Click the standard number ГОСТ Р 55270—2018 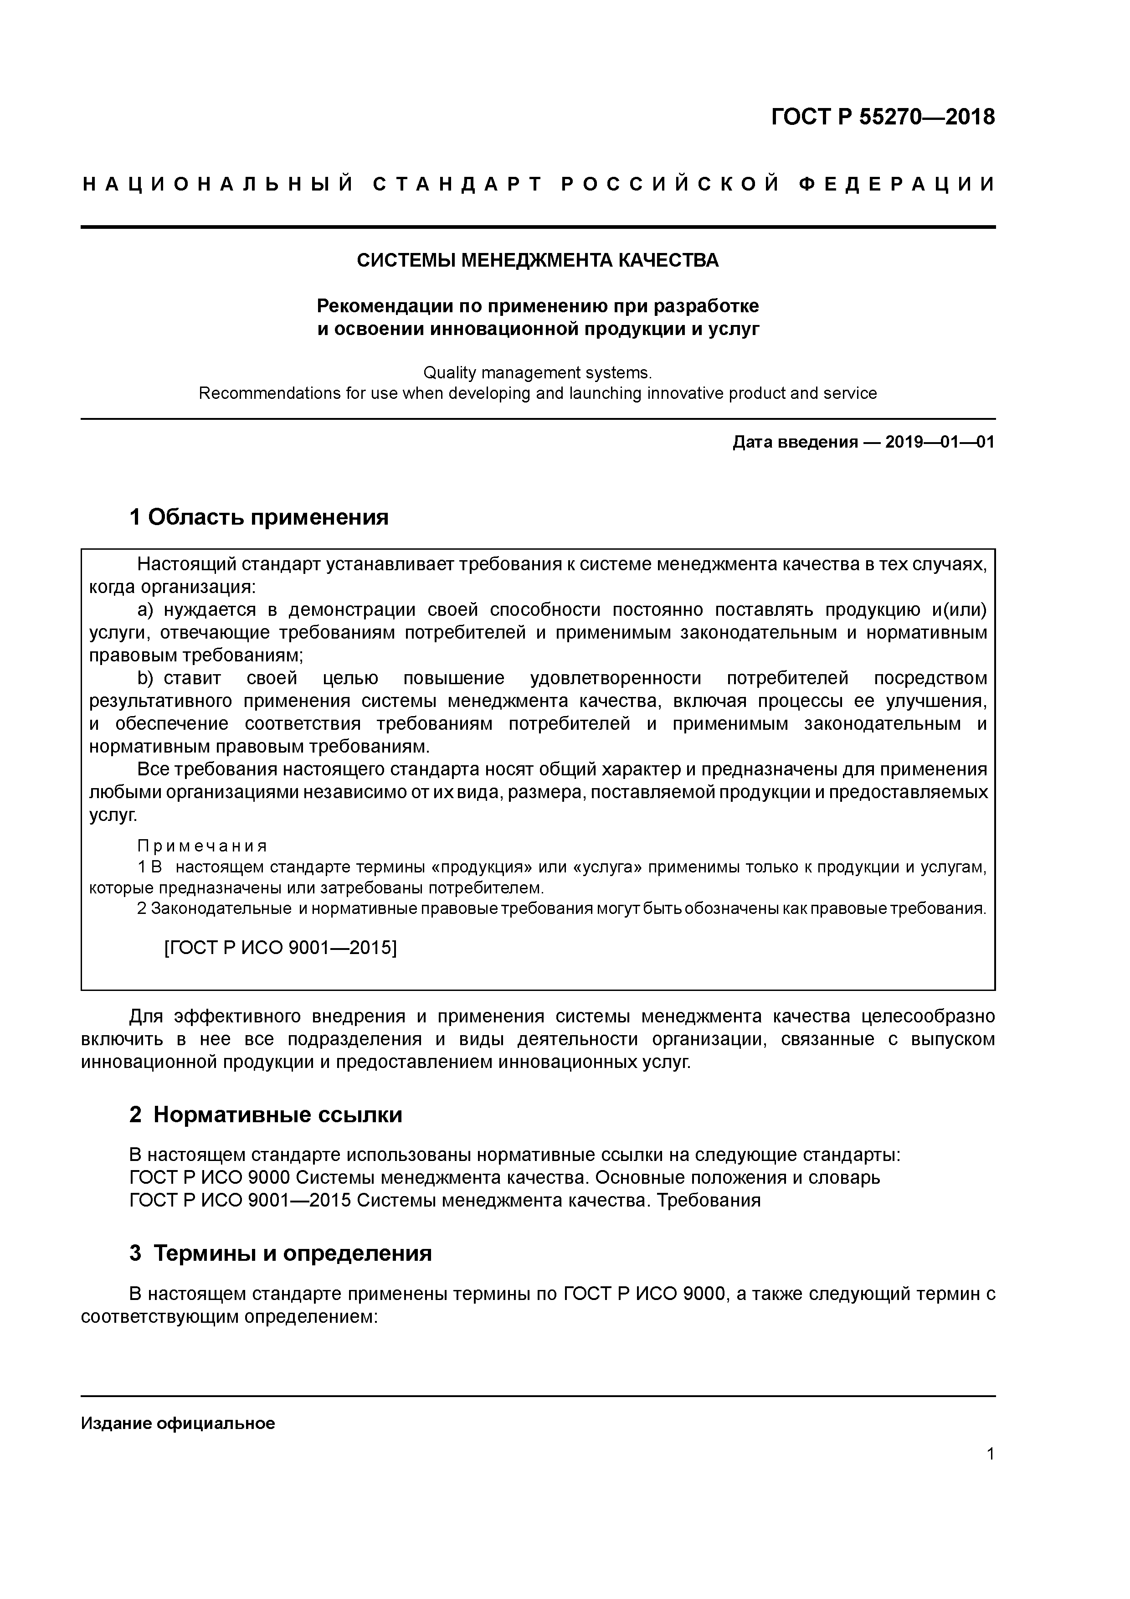tap(883, 117)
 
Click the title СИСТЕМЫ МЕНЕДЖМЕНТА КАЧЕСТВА tap(538, 260)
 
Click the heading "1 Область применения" tap(259, 517)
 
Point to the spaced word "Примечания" tap(202, 846)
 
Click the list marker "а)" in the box tap(145, 610)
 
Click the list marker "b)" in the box tap(145, 678)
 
